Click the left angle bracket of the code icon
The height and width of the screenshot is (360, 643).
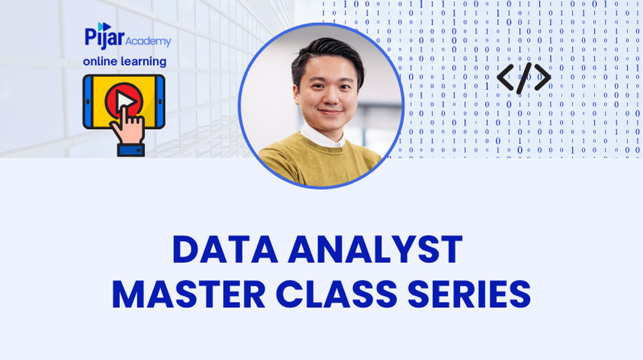pos(505,78)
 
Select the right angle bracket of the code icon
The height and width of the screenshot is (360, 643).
pos(542,78)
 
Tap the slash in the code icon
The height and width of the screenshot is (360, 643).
pos(523,78)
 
